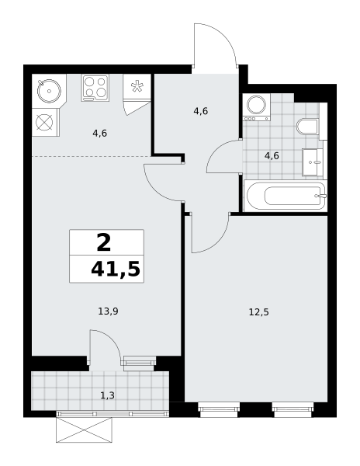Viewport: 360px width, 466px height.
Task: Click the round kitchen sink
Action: [49, 91]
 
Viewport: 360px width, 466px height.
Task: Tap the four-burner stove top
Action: [95, 88]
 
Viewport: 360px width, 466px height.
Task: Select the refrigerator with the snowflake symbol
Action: [137, 87]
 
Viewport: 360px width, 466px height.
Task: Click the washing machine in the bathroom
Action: [257, 107]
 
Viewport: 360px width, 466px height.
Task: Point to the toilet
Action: [307, 127]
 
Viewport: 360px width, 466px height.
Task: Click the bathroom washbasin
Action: [313, 162]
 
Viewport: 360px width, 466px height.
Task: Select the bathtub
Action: [286, 196]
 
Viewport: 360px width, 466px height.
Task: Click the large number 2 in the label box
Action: [104, 242]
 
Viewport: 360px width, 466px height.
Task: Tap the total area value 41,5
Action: [116, 270]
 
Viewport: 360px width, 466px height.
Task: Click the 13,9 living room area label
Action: [109, 311]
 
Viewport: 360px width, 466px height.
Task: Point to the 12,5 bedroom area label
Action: [259, 312]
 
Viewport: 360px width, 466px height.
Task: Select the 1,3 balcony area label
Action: [107, 395]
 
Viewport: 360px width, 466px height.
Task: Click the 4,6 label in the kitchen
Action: [100, 134]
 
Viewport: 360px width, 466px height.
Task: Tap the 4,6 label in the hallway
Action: [201, 111]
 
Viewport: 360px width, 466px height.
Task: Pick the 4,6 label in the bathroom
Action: [272, 156]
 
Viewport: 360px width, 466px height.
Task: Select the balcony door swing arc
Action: [110, 339]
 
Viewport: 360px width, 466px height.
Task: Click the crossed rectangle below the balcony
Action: [85, 429]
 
